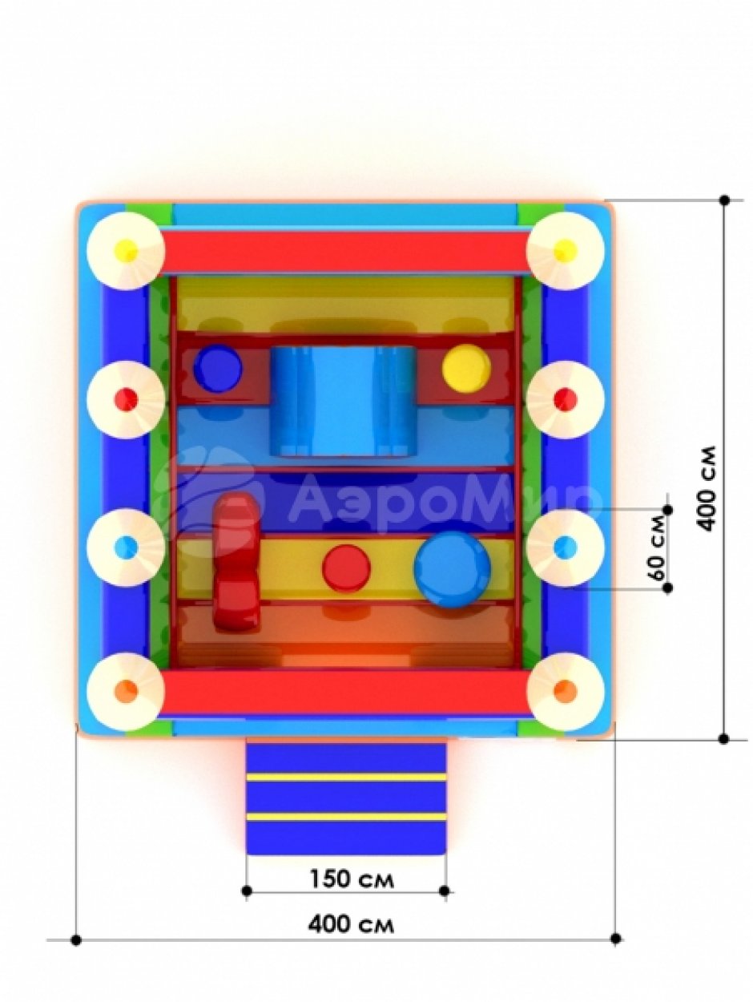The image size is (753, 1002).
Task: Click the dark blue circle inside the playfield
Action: tap(218, 367)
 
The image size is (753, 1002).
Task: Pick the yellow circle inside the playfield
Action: tap(466, 369)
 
